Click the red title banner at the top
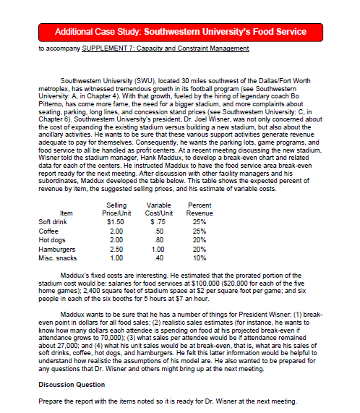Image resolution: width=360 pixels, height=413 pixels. [x=179, y=33]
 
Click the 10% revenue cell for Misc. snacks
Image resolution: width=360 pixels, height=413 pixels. [x=198, y=258]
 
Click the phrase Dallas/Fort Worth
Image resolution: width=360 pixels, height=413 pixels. [x=280, y=77]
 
